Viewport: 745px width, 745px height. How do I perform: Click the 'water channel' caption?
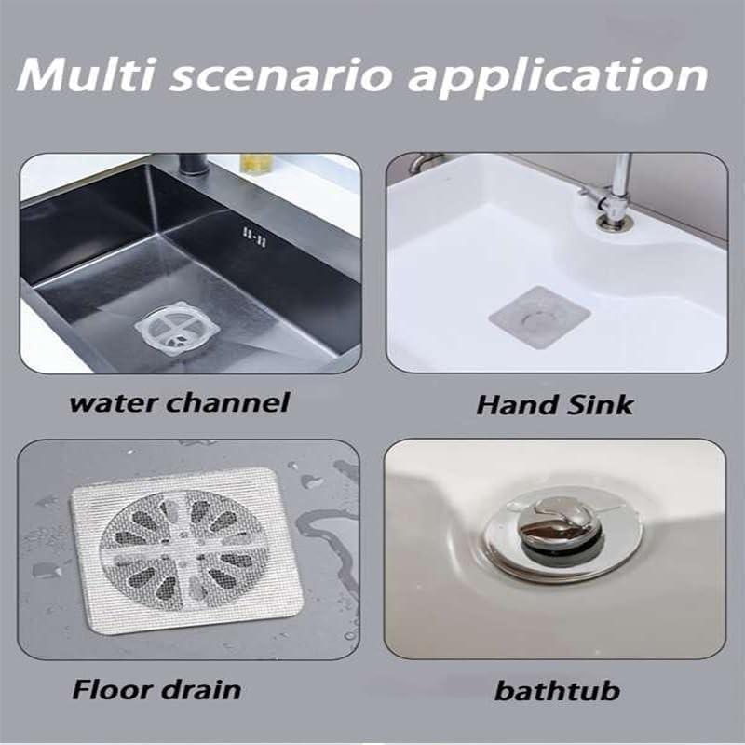[180, 402]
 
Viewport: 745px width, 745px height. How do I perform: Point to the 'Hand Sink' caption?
[554, 404]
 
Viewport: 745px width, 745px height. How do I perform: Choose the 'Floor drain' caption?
[156, 690]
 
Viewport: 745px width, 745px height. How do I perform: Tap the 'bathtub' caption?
[557, 691]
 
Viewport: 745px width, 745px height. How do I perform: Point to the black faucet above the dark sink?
[192, 164]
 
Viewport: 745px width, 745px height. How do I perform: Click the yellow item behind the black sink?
[257, 162]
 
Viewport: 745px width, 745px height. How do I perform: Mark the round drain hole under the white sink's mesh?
[537, 318]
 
